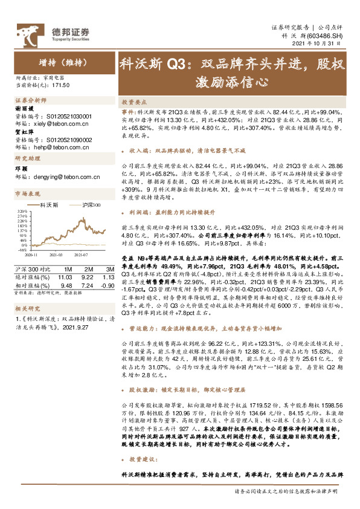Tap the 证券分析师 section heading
[30, 99]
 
